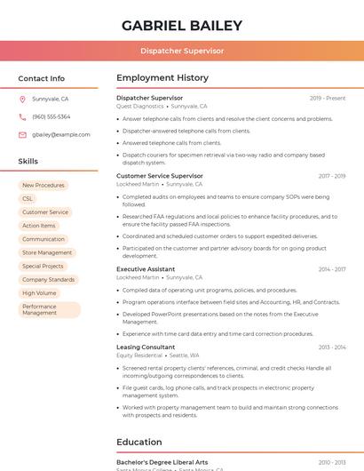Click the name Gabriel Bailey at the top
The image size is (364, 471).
point(182,25)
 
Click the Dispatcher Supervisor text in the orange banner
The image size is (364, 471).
point(182,52)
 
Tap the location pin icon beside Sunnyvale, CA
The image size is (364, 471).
point(23,99)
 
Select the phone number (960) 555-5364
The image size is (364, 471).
point(51,116)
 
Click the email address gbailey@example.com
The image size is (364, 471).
point(60,134)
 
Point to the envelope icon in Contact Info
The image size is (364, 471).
point(23,134)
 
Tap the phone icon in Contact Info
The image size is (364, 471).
point(23,116)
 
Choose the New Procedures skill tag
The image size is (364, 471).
point(44,185)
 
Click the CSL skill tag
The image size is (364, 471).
point(28,199)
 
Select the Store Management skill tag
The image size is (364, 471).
point(47,252)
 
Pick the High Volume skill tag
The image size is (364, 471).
point(39,292)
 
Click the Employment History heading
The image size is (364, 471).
point(162,78)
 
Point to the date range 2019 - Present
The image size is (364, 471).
point(328,98)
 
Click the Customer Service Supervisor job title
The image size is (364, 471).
point(160,176)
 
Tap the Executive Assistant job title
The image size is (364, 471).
point(146,268)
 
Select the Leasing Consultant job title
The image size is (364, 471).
point(146,347)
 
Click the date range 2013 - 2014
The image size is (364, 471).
point(332,347)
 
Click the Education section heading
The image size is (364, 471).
point(139,442)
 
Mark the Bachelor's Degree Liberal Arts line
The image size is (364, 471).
point(162,462)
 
